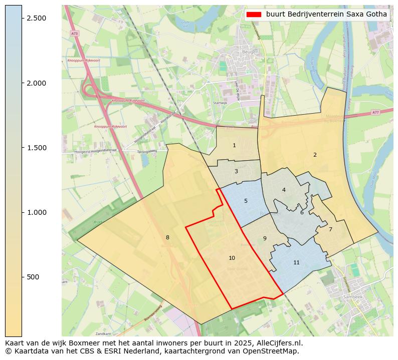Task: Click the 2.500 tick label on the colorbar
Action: point(37,18)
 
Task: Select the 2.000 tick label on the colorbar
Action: point(37,83)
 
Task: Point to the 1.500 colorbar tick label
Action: point(37,148)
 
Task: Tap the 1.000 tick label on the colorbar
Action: point(37,212)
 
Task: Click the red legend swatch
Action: point(254,14)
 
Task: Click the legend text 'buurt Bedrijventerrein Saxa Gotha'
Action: point(326,14)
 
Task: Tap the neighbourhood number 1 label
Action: point(234,145)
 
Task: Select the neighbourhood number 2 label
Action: point(315,155)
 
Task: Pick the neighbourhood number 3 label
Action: point(236,171)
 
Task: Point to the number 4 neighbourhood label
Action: point(284,190)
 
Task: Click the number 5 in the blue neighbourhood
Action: point(246,201)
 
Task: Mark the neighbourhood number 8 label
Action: point(167,237)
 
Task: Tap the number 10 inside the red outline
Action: point(232,258)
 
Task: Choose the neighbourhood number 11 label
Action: point(296,262)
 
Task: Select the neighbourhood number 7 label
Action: point(330,229)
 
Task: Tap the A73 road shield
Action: point(75,33)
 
